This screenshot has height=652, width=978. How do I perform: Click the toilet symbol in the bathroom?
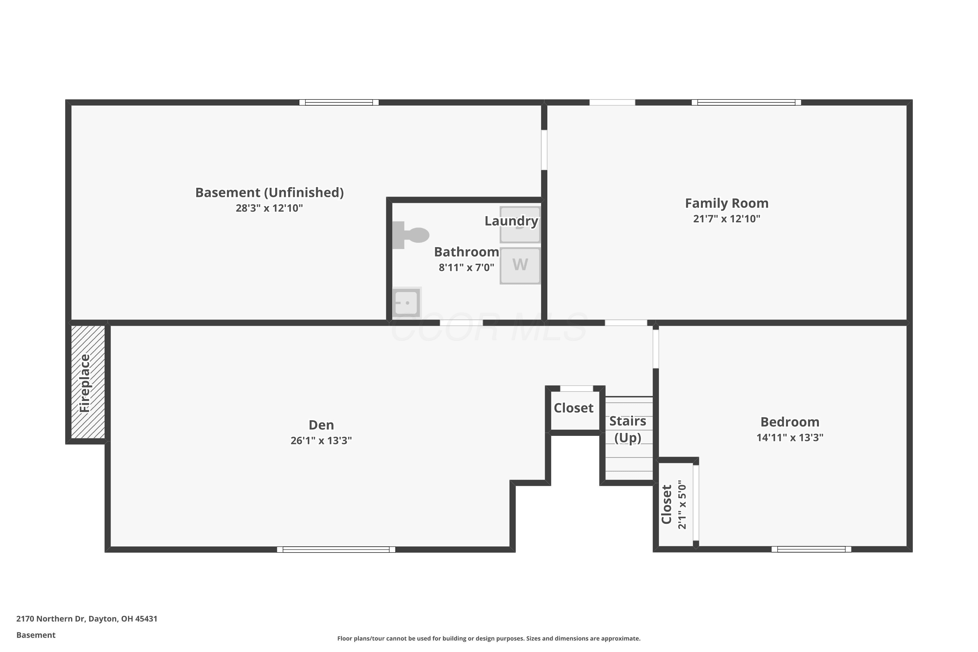410,235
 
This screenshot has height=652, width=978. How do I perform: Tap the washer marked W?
520,266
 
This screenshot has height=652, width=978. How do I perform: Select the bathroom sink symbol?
407,302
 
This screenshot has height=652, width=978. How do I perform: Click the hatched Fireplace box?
88,382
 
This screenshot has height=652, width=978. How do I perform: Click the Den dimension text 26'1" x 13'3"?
321,440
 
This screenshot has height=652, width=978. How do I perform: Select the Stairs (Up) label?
628,429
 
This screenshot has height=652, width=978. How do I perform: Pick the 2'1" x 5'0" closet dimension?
682,505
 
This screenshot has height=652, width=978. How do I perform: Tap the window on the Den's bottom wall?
336,549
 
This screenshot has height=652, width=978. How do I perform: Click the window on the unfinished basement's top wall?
339,102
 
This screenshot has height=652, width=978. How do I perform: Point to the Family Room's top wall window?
746,102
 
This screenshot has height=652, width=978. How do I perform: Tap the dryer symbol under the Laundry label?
520,224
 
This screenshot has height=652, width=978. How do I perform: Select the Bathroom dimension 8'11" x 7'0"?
467,267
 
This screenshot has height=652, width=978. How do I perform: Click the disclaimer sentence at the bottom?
489,638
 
